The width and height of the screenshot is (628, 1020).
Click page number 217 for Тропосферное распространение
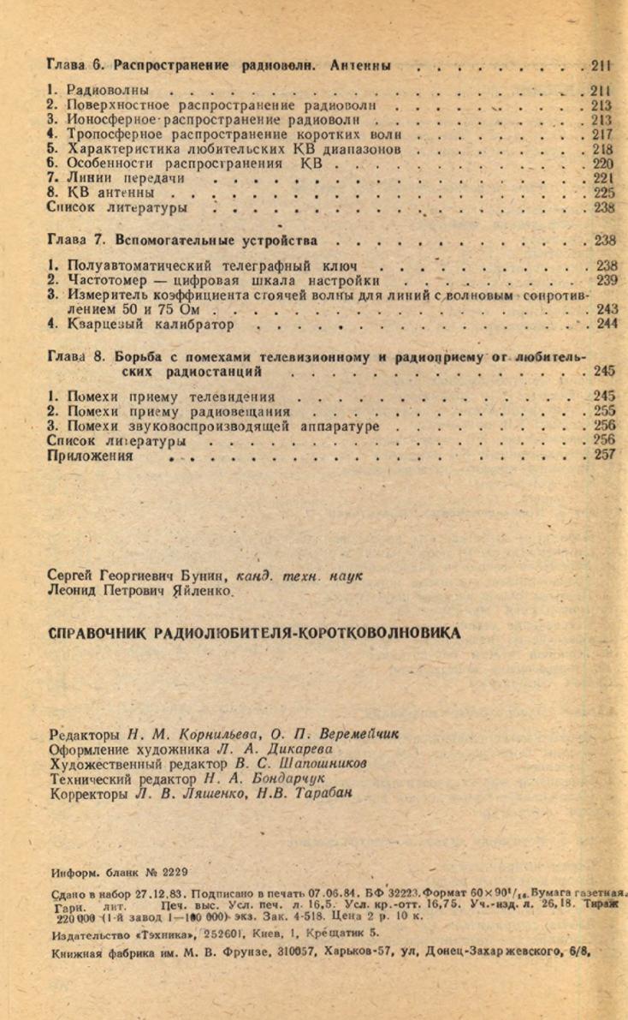[x=602, y=134]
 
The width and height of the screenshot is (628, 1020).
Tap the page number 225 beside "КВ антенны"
[x=603, y=193]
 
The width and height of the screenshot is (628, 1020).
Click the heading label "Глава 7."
[x=74, y=241]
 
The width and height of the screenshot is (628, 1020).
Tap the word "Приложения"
[x=91, y=455]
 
